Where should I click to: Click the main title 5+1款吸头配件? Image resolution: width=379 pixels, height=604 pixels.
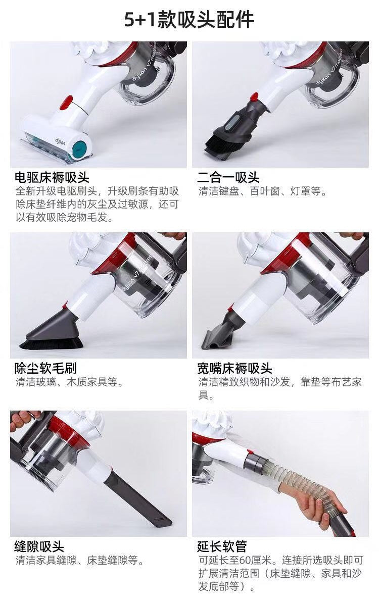coord(189,20)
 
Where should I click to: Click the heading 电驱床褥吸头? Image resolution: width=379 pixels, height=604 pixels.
coord(52,177)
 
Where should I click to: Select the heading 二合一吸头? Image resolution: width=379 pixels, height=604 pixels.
coord(228,177)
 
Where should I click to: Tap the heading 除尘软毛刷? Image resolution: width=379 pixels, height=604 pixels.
coord(45,368)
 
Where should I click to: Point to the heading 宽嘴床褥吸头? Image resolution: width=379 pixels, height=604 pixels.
coord(234,368)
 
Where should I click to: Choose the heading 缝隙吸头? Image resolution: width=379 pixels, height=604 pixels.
coord(39,546)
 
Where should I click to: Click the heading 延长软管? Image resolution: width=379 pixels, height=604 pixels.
coord(222,546)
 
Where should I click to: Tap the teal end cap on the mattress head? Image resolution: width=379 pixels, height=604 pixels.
coord(80,147)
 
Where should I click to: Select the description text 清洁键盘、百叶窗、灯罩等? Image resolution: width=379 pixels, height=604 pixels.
coord(262,191)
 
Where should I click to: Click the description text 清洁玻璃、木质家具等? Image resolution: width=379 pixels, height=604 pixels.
coord(69,382)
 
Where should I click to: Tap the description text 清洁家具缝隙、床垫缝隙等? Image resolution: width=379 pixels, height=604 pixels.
coord(80,560)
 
